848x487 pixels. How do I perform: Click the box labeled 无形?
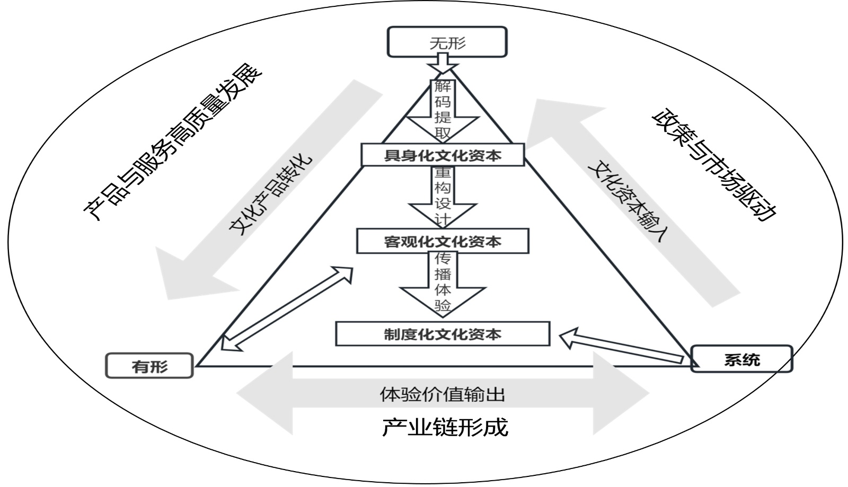447,42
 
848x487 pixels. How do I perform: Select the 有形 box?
149,366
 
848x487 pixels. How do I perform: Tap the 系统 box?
741,359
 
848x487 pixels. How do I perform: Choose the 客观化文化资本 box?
443,242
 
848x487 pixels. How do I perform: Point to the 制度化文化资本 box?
443,334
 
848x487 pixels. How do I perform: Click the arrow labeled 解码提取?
443,111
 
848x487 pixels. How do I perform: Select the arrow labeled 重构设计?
443,196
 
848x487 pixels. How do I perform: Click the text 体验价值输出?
443,394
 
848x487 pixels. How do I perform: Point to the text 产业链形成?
444,427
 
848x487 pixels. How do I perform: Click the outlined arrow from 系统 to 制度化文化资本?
620,347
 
